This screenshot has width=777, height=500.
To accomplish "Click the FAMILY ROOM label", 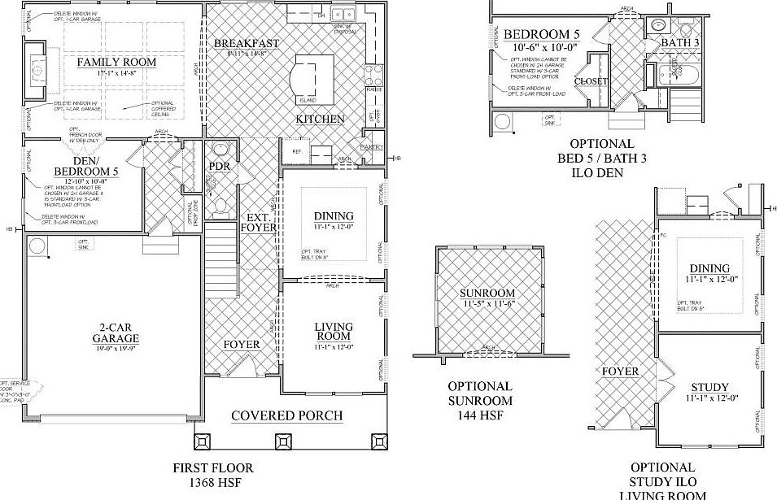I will point(116,62).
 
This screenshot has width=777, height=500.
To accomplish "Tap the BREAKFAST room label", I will point(247,43).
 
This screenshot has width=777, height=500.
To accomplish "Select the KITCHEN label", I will point(320,119).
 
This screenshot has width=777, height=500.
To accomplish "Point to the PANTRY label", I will point(372,146).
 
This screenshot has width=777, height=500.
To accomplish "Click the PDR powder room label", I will point(220,166).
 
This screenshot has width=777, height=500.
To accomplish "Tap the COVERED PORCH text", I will point(286,415).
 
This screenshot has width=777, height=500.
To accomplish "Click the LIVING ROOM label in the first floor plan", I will point(333,332).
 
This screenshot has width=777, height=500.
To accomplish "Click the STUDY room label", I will point(709,387).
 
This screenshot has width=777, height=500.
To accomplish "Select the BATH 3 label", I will point(679,42).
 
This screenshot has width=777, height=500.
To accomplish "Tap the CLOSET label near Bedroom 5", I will point(591,81).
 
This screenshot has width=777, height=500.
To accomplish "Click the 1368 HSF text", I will point(213,483).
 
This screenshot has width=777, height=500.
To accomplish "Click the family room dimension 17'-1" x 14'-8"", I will point(116,74).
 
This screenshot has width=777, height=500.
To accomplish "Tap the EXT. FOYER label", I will point(257,222).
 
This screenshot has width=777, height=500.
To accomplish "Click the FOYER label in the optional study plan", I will point(620,372).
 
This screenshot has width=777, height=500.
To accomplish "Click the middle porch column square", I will point(285,441).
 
